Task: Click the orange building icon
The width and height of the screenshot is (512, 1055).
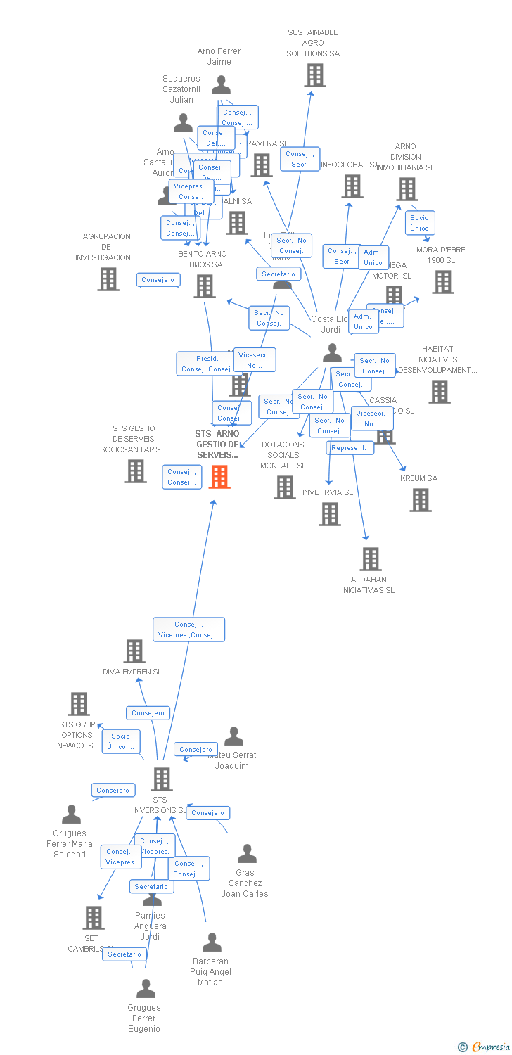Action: click(x=219, y=477)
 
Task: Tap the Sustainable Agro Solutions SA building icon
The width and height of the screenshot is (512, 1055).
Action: click(x=315, y=75)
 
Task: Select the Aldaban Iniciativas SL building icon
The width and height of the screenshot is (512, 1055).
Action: click(x=371, y=559)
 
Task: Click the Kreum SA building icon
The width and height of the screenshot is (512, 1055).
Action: click(x=421, y=500)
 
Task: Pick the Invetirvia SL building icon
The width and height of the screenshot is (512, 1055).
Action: click(x=330, y=514)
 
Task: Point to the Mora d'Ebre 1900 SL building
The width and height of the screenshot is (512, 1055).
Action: click(x=443, y=282)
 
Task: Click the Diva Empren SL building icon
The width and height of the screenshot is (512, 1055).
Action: click(x=134, y=651)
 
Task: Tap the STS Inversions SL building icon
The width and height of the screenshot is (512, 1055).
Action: click(x=162, y=779)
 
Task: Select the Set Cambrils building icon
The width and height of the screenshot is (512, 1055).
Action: click(x=94, y=918)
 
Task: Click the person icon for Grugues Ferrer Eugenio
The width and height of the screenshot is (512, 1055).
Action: click(x=146, y=989)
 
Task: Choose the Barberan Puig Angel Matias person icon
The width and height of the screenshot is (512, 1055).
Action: click(x=212, y=942)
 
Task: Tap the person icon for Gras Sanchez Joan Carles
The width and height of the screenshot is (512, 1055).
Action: click(x=247, y=854)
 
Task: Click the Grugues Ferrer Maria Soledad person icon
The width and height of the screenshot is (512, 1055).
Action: click(x=71, y=814)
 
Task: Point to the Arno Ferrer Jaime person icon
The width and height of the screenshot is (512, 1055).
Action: click(x=221, y=85)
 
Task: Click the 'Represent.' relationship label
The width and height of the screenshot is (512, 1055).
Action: click(x=350, y=448)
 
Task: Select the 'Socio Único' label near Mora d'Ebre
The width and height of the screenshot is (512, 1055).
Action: click(x=419, y=223)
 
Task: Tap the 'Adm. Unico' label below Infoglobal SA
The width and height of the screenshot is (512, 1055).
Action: click(x=372, y=257)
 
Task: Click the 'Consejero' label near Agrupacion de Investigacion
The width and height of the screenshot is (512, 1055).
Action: click(x=158, y=280)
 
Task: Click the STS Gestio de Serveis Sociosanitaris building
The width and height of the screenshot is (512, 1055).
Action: click(x=136, y=471)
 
